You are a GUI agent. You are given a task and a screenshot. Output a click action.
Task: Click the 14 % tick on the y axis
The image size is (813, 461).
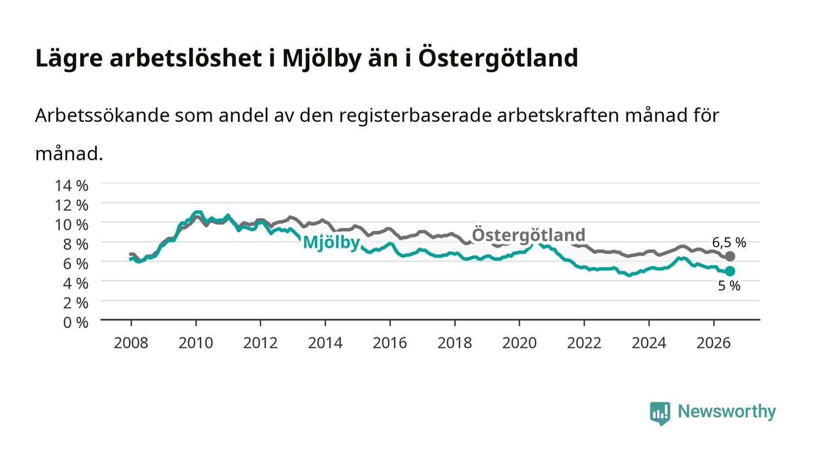pyautogui.click(x=71, y=186)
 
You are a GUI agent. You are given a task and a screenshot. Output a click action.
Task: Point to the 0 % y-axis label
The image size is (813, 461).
pyautogui.click(x=75, y=322)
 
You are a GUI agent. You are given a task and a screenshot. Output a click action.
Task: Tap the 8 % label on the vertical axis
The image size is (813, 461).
pyautogui.click(x=75, y=244)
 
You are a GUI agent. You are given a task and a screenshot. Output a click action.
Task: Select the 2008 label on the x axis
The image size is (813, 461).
pyautogui.click(x=131, y=343)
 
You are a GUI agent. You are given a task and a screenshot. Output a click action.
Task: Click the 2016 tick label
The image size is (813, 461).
pyautogui.click(x=390, y=343)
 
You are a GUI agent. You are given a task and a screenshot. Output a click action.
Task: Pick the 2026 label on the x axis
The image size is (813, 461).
pyautogui.click(x=714, y=343)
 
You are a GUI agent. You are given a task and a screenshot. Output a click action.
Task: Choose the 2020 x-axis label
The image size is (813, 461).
pyautogui.click(x=519, y=343)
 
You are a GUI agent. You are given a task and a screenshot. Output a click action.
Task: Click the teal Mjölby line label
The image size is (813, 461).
pyautogui.click(x=332, y=243)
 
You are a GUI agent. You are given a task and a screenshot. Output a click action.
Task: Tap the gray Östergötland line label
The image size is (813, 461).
pyautogui.click(x=528, y=235)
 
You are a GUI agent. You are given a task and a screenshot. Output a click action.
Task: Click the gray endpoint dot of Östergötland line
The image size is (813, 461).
pyautogui.click(x=730, y=256)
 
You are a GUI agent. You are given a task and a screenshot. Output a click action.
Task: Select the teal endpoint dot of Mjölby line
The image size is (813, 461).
pyautogui.click(x=730, y=271)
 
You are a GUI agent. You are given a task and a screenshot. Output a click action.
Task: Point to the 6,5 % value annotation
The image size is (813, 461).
pyautogui.click(x=729, y=243)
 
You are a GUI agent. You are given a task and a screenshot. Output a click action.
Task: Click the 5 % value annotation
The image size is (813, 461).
pyautogui.click(x=729, y=286)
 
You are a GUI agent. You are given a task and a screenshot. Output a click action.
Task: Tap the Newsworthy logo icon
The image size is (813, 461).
pyautogui.click(x=660, y=413)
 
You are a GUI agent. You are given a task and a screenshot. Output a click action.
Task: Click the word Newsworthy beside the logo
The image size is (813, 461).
pyautogui.click(x=726, y=412)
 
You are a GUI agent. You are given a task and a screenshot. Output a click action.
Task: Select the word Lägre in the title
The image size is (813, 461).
pyautogui.click(x=69, y=59)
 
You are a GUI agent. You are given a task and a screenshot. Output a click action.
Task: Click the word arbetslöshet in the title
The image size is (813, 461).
pyautogui.click(x=185, y=57)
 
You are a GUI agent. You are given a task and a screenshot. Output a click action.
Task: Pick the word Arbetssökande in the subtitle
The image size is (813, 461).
pyautogui.click(x=102, y=116)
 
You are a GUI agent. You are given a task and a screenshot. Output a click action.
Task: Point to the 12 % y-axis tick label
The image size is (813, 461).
pyautogui.click(x=71, y=206)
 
